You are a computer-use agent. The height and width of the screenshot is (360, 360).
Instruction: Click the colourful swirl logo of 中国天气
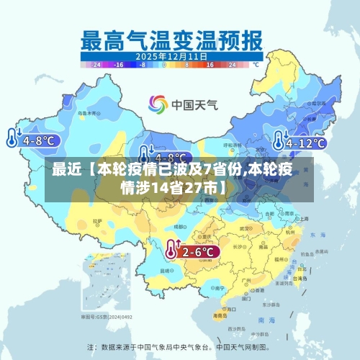158,104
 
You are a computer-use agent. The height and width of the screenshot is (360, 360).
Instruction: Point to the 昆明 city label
167,271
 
